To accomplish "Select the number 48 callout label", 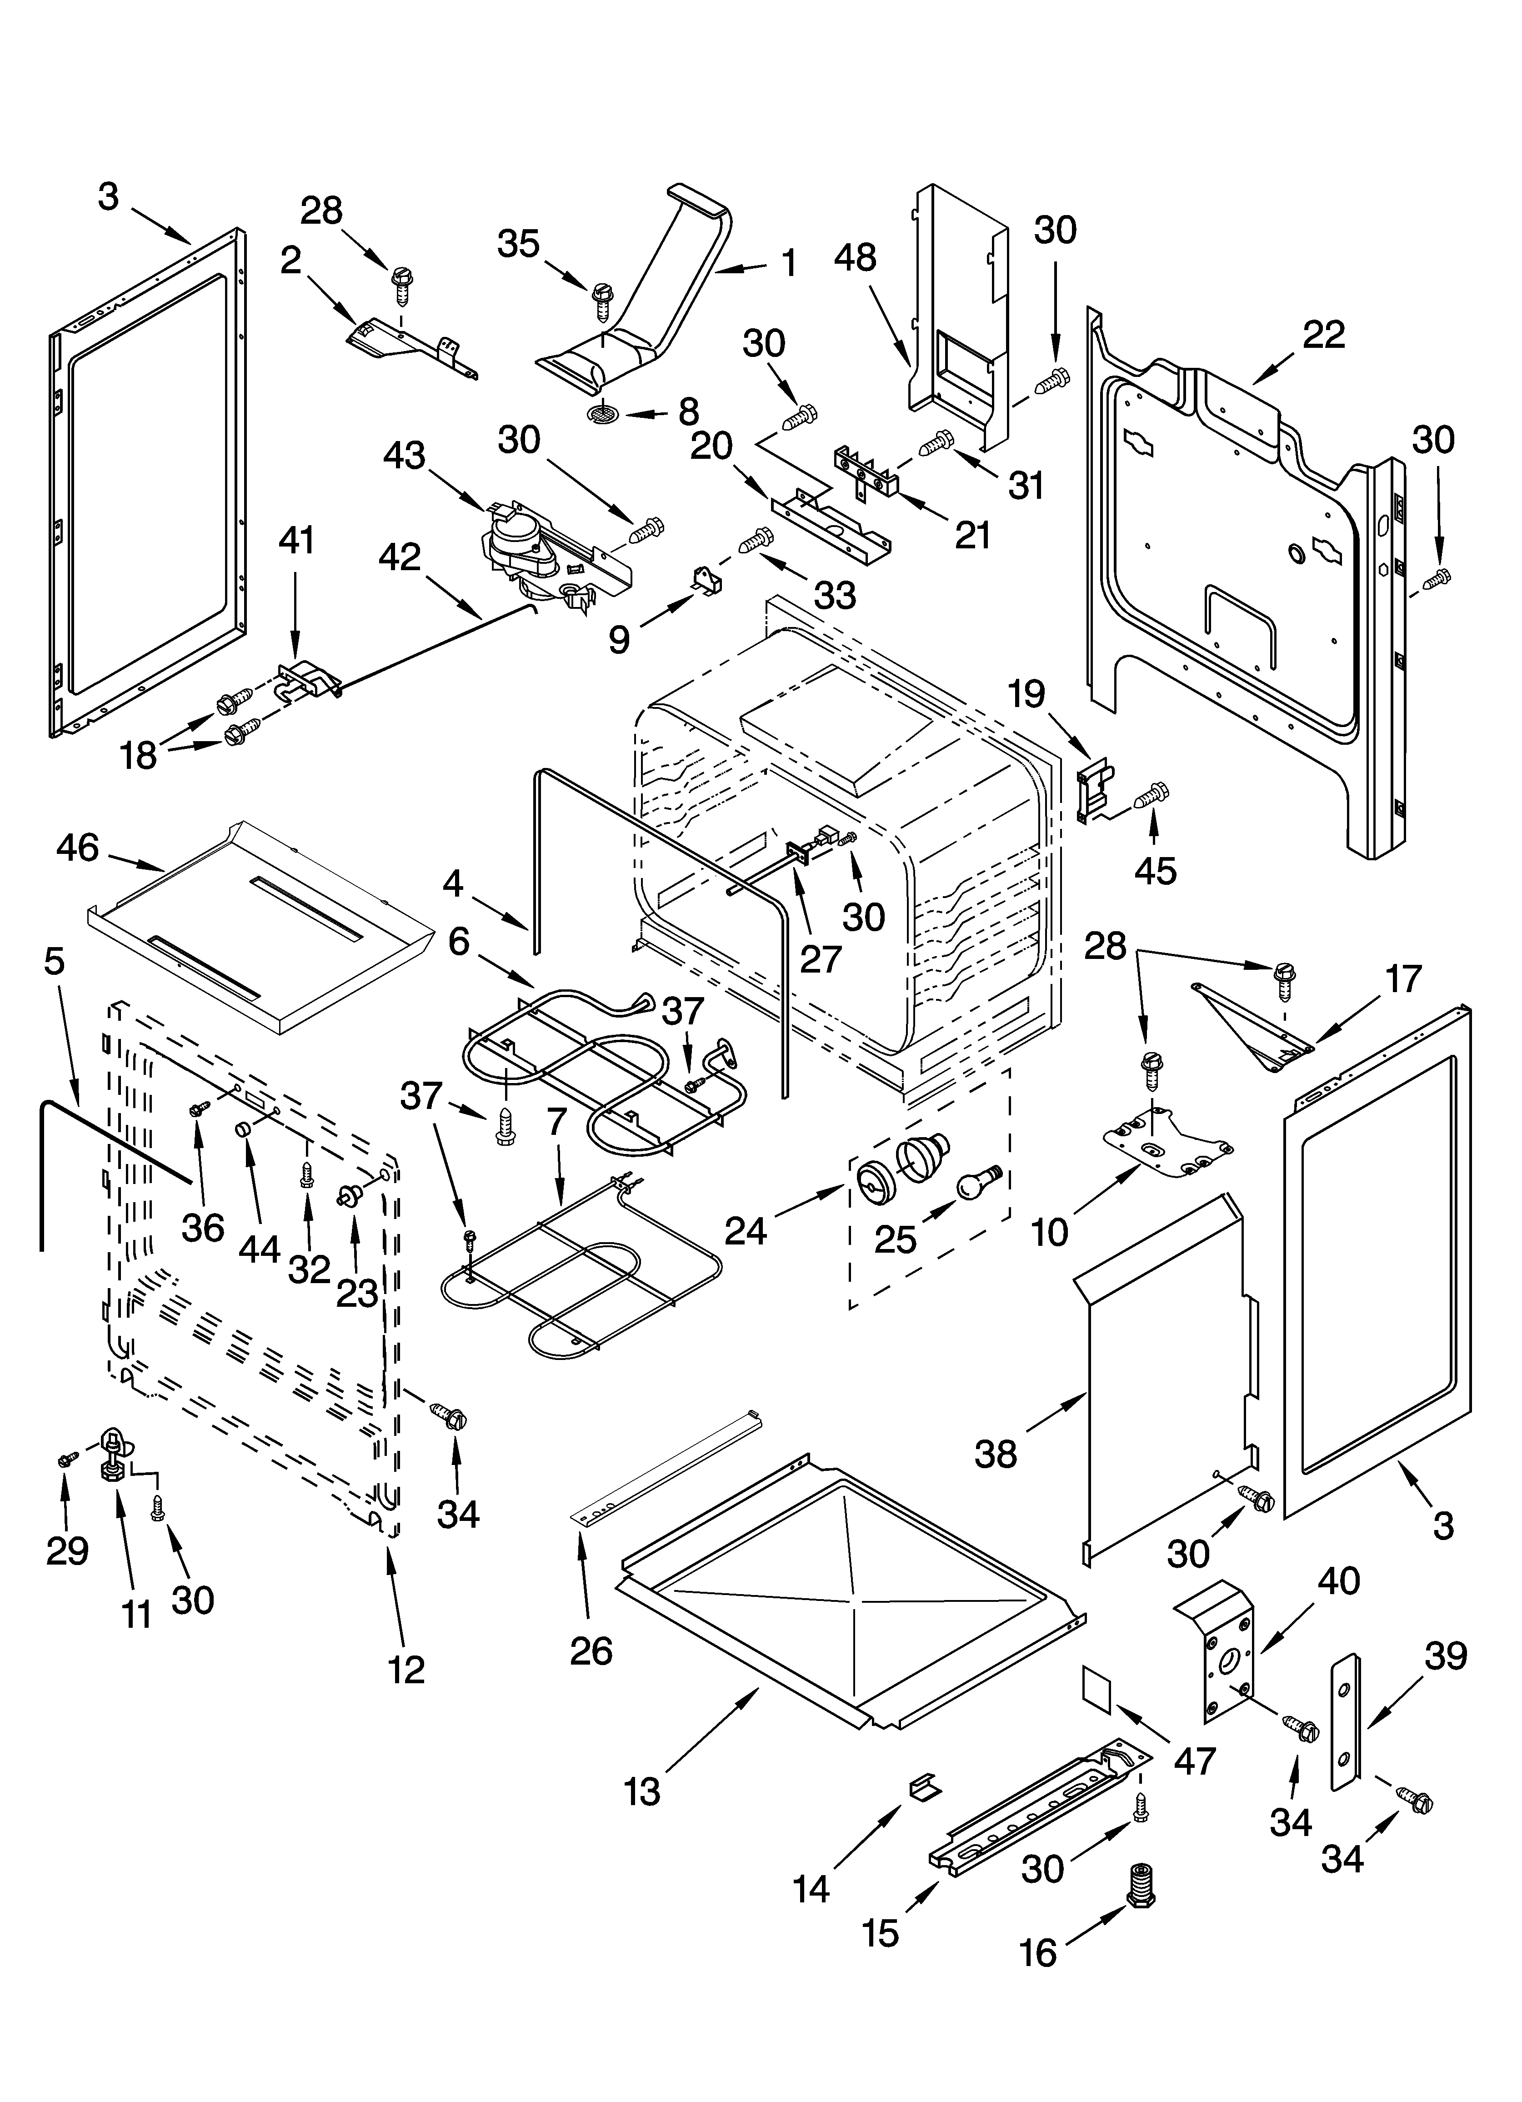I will (855, 258).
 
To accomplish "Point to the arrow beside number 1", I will (740, 269).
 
